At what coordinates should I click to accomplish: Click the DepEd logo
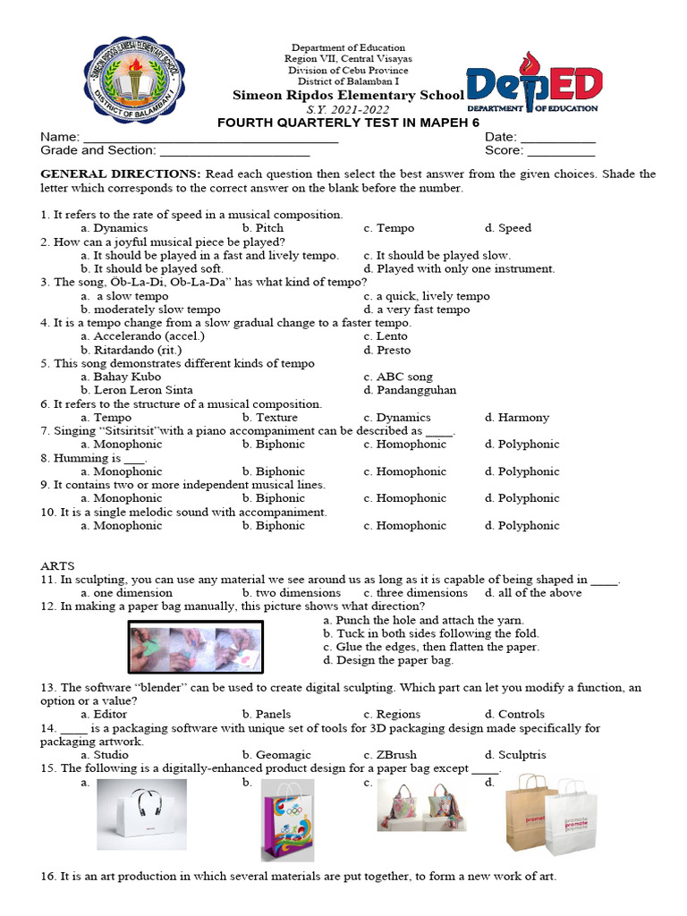[x=534, y=89]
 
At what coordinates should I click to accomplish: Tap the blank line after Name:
[x=210, y=140]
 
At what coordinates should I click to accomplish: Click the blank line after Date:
[x=557, y=140]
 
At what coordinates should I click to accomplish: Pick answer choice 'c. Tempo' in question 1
[x=389, y=228]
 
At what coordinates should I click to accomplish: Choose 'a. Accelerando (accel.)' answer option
[x=142, y=336]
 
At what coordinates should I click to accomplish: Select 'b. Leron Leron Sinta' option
[x=136, y=390]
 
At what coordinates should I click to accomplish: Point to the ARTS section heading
[x=58, y=566]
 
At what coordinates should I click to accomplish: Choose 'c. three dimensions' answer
[x=415, y=593]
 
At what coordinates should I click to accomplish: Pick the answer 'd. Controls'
[x=514, y=715]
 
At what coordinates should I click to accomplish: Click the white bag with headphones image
[x=141, y=813]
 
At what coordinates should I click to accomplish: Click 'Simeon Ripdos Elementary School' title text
[x=348, y=96]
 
